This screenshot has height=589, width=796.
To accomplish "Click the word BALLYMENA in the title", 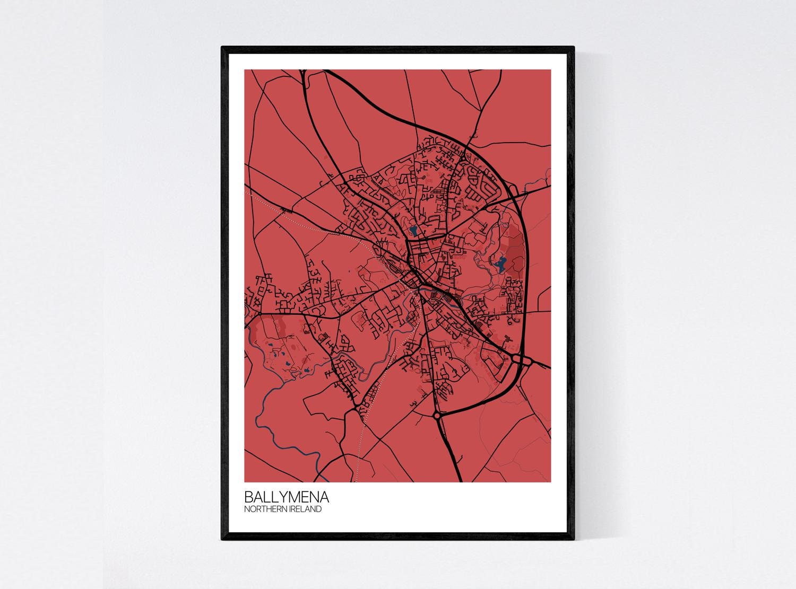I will pos(286,498).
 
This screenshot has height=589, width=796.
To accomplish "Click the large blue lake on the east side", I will pos(499,263).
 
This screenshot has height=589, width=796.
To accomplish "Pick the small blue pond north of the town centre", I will pos(412,231).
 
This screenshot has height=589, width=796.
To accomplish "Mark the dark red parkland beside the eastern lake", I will pos(514,249).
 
